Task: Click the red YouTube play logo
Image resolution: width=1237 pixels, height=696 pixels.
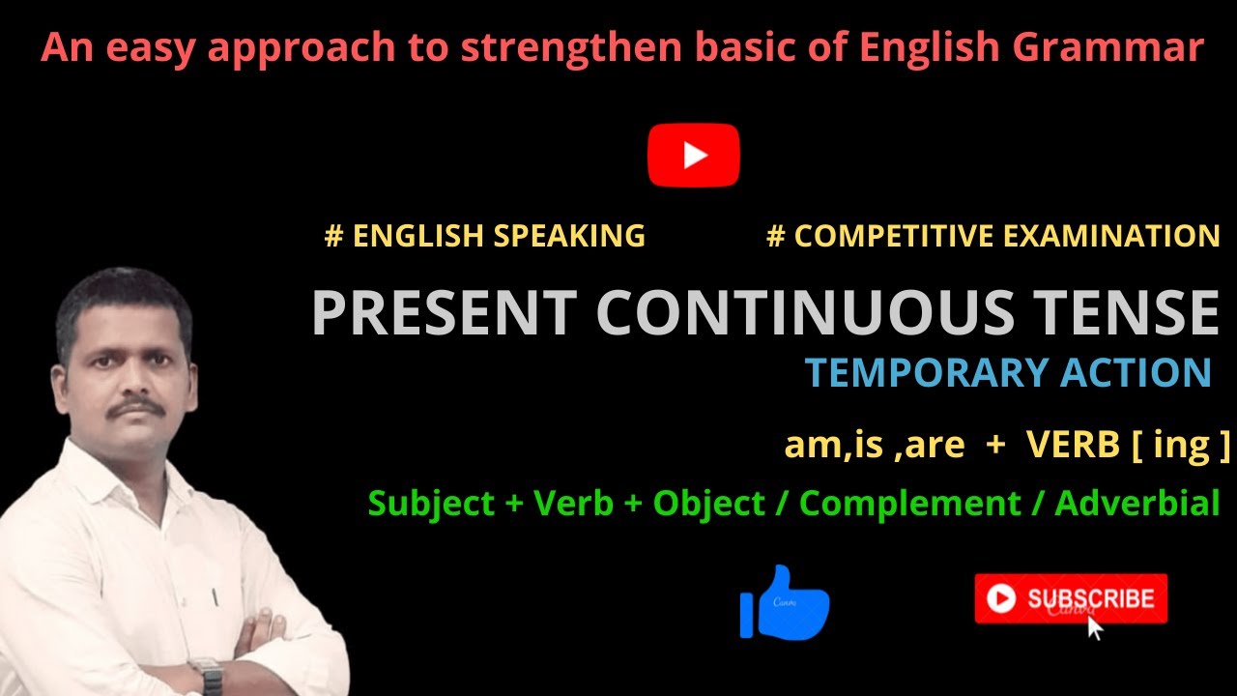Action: (x=693, y=155)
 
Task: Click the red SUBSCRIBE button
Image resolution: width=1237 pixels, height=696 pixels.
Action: (x=1071, y=598)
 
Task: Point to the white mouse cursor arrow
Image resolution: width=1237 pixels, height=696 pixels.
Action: (x=1094, y=627)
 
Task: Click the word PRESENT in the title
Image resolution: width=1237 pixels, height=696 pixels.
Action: (x=444, y=313)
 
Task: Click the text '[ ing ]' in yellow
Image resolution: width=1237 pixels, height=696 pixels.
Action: (x=1184, y=445)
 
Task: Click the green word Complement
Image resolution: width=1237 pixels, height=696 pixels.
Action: (x=910, y=504)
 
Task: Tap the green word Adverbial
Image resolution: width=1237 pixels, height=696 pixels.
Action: (x=1137, y=504)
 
